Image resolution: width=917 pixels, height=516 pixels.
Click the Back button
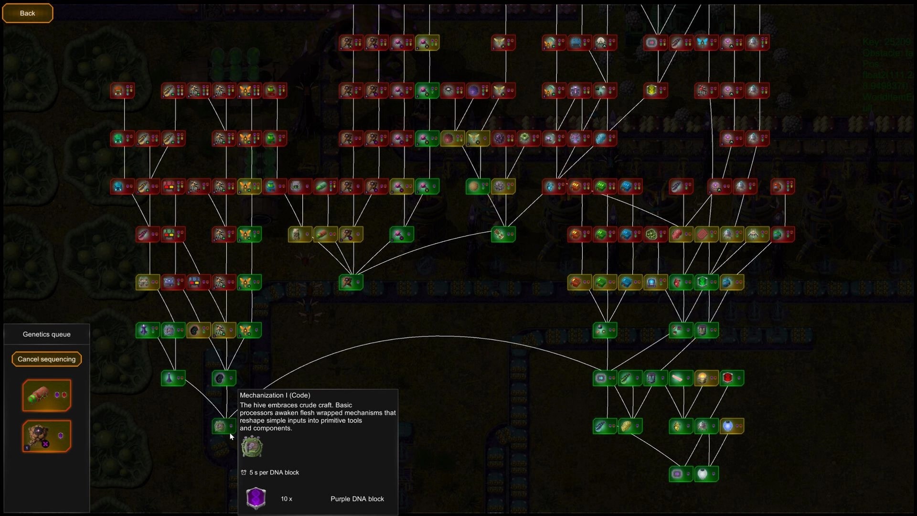27,13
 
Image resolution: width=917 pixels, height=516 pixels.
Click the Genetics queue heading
46,334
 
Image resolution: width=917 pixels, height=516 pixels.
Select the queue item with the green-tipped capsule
46,396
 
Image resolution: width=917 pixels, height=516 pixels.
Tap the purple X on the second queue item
45,444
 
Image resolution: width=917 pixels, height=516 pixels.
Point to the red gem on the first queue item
64,395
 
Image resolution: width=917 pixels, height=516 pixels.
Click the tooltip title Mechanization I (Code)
275,396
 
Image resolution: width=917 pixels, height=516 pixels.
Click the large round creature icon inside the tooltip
252,447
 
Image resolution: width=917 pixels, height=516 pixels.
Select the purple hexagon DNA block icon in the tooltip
256,498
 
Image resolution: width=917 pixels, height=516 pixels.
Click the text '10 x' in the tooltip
286,499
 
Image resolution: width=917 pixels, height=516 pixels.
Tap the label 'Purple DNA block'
357,499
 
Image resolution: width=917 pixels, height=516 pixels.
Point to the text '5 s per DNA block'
274,473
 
